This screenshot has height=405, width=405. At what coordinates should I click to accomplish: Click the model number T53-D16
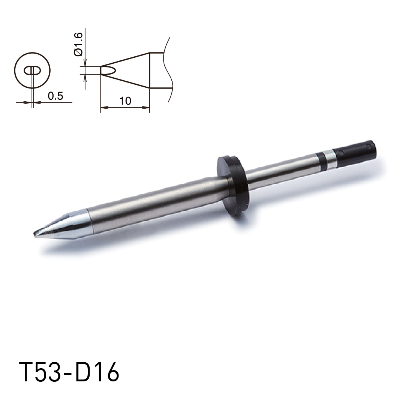(x=69, y=372)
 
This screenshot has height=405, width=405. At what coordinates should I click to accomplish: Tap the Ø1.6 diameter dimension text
(x=78, y=44)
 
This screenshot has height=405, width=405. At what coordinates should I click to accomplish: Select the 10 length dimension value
(x=125, y=101)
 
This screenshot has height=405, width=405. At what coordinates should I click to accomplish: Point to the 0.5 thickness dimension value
(x=55, y=96)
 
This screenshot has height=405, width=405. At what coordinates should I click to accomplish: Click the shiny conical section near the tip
(x=62, y=224)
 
